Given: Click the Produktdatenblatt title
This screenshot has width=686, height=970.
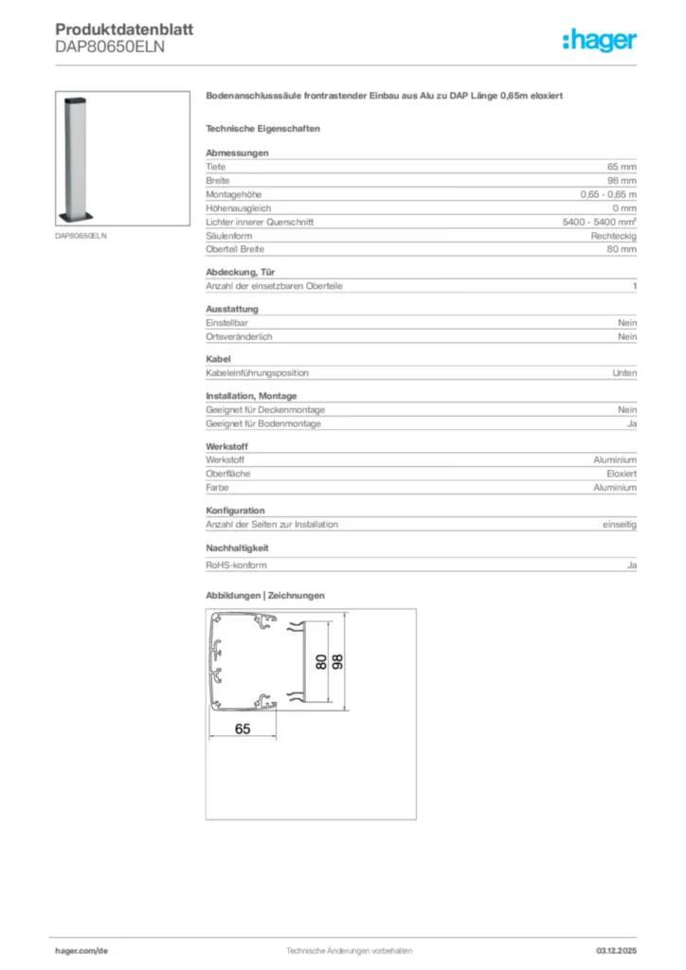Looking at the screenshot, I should coord(124,30).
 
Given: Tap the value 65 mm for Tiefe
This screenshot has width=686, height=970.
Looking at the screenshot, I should coord(622,167).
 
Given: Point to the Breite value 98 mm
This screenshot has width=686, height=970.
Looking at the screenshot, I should coord(622,180).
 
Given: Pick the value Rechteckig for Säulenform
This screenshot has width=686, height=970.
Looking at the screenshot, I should coord(614,235).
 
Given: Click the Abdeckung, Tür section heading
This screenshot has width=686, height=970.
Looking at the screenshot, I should coord(241,272).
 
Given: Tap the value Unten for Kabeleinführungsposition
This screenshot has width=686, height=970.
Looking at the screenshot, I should coord(624,373).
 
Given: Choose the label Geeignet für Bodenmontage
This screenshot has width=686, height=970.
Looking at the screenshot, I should coord(263,423).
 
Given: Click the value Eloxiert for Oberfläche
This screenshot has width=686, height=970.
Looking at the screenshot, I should coord(622,474).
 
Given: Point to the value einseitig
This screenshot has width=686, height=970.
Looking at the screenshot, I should coord(620,524).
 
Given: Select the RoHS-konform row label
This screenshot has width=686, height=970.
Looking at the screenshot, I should coord(236,566).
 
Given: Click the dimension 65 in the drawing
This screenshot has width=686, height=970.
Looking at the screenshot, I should coord(243,728).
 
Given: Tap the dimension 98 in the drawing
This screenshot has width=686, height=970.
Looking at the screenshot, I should coord(338,660).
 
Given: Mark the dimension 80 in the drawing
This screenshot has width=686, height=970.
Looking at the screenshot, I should coord(321,661).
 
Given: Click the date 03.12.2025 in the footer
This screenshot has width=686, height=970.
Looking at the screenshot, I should coord(616,950).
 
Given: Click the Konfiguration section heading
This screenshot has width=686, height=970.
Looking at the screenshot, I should coord(235,511).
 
